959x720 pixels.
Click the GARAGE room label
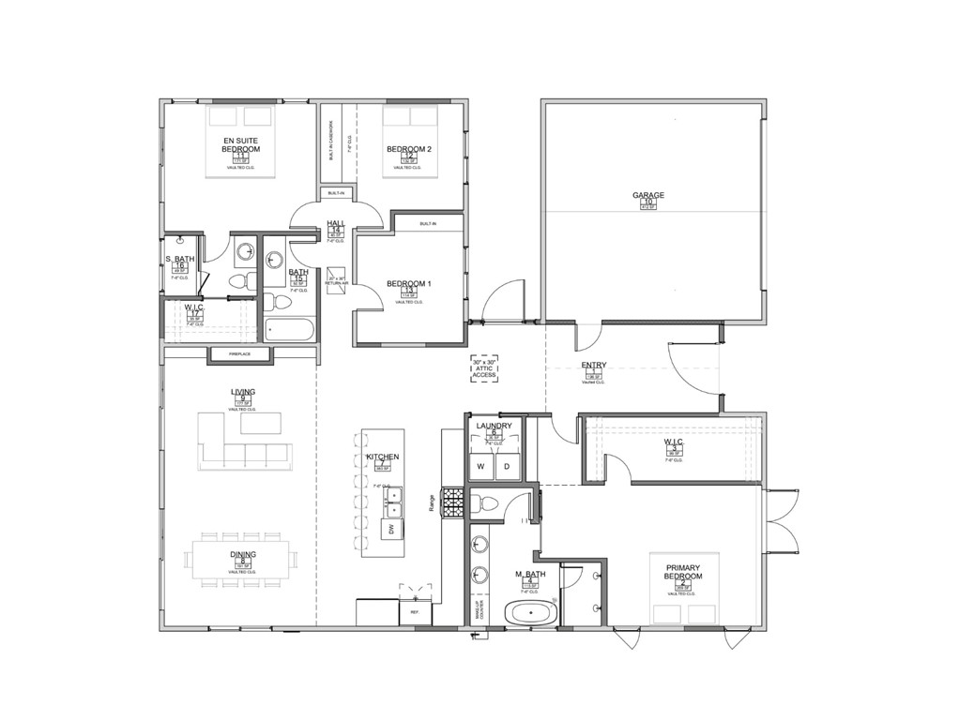coord(647,196)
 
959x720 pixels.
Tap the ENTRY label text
coord(593,366)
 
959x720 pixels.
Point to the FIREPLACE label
coord(239,354)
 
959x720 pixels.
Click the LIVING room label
coord(243,392)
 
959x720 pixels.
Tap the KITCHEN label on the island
coord(383,457)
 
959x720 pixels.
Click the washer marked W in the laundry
coord(480,466)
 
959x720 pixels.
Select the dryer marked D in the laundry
coord(507,466)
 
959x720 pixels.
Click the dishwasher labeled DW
coord(389,530)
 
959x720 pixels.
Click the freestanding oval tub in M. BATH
coord(531,614)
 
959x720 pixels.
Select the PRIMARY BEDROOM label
coord(683,572)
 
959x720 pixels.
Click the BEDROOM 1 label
coord(409,284)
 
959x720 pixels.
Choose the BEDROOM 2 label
coord(409,149)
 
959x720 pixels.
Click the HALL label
coord(336,223)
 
